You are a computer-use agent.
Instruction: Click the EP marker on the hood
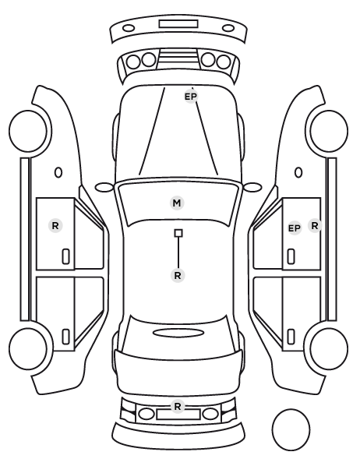[x=191, y=97]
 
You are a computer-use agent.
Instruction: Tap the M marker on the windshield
[x=177, y=203]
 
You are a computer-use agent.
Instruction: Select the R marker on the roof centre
[x=178, y=276]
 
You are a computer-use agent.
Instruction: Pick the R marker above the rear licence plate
[x=178, y=406]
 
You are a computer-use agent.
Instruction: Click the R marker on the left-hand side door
[x=55, y=226]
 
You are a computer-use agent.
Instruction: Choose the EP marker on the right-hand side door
[x=295, y=228]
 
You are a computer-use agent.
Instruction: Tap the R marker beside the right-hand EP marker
[x=315, y=225]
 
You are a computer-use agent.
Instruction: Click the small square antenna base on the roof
[x=178, y=233]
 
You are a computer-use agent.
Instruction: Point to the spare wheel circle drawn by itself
[x=291, y=429]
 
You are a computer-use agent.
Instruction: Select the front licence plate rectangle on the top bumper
[x=178, y=24]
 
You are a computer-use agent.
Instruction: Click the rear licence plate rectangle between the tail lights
[x=178, y=415]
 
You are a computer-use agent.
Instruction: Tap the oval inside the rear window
[x=178, y=333]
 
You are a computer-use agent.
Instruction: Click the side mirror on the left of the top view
[x=104, y=188]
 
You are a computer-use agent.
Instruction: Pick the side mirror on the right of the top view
[x=252, y=188]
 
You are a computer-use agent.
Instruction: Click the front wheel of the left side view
[x=29, y=131]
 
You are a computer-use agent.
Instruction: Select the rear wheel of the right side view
[x=329, y=348]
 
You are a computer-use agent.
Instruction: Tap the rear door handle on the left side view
[x=66, y=337]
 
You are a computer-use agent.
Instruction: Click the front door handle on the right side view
[x=291, y=256]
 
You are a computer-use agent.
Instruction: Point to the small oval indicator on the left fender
[x=58, y=172]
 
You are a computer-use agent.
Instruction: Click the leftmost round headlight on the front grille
[x=133, y=62]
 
